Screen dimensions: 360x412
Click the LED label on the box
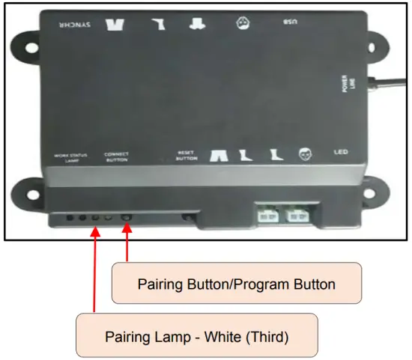click(x=341, y=152)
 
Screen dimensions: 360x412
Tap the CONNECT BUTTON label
click(x=116, y=156)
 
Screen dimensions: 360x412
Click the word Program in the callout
click(x=258, y=284)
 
